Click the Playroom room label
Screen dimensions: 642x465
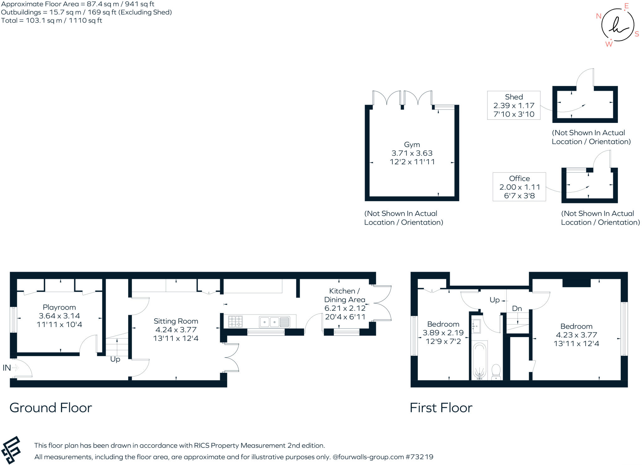click(x=59, y=307)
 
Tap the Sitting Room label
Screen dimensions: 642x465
click(x=176, y=321)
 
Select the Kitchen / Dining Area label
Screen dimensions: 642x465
click(x=345, y=295)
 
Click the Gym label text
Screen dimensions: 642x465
click(x=412, y=145)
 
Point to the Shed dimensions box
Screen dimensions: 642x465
click(x=514, y=105)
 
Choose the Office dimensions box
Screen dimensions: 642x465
click(x=519, y=187)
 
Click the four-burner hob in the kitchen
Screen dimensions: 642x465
click(x=235, y=321)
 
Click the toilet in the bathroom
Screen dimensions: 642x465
click(x=496, y=372)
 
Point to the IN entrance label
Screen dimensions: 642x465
click(x=7, y=367)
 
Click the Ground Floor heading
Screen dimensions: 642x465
click(x=51, y=408)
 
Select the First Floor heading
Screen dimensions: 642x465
click(x=441, y=408)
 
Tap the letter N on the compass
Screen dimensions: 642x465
click(x=598, y=16)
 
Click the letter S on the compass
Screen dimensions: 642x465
click(x=637, y=34)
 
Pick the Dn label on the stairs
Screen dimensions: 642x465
click(x=517, y=309)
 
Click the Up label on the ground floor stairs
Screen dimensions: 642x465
click(x=115, y=359)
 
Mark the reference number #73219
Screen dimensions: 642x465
click(x=419, y=457)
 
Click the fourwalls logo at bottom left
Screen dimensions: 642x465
click(x=11, y=450)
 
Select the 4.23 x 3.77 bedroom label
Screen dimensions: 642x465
click(x=576, y=335)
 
